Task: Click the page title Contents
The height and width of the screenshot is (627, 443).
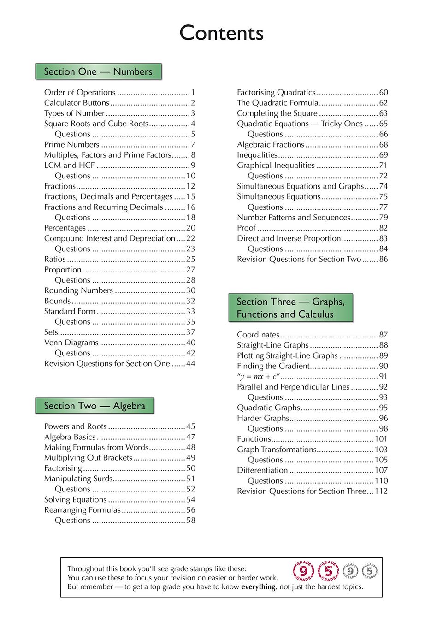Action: click(221, 33)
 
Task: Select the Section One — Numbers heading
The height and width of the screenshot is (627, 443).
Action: click(98, 71)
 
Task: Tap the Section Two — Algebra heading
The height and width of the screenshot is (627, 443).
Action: click(95, 406)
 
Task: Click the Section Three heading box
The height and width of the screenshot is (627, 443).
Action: click(290, 308)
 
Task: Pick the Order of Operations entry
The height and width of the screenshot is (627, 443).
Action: click(80, 92)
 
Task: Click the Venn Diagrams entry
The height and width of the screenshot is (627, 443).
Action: click(71, 343)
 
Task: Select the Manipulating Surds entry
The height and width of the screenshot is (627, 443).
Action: click(78, 479)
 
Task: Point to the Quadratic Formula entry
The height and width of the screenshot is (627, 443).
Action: click(278, 103)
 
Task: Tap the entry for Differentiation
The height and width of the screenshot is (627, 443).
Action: click(262, 470)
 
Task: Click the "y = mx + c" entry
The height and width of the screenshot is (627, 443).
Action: click(258, 376)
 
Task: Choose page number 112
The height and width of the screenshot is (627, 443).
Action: click(381, 491)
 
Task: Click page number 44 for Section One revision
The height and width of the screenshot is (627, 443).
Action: click(190, 363)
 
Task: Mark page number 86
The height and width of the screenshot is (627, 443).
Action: click(384, 259)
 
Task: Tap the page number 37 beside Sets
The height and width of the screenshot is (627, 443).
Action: click(190, 332)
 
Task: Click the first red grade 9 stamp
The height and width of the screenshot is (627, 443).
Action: click(303, 571)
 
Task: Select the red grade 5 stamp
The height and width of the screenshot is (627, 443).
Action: click(328, 571)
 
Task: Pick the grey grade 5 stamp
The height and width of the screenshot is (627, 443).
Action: click(370, 571)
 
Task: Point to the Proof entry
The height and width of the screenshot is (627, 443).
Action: click(246, 228)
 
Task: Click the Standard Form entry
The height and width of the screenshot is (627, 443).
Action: click(70, 311)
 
